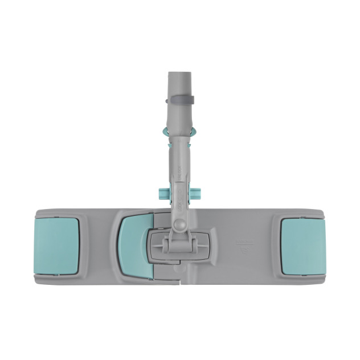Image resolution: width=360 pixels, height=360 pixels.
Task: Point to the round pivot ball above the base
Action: (x=179, y=226)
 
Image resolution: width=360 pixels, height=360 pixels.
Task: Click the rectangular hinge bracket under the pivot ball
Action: (x=179, y=246)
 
